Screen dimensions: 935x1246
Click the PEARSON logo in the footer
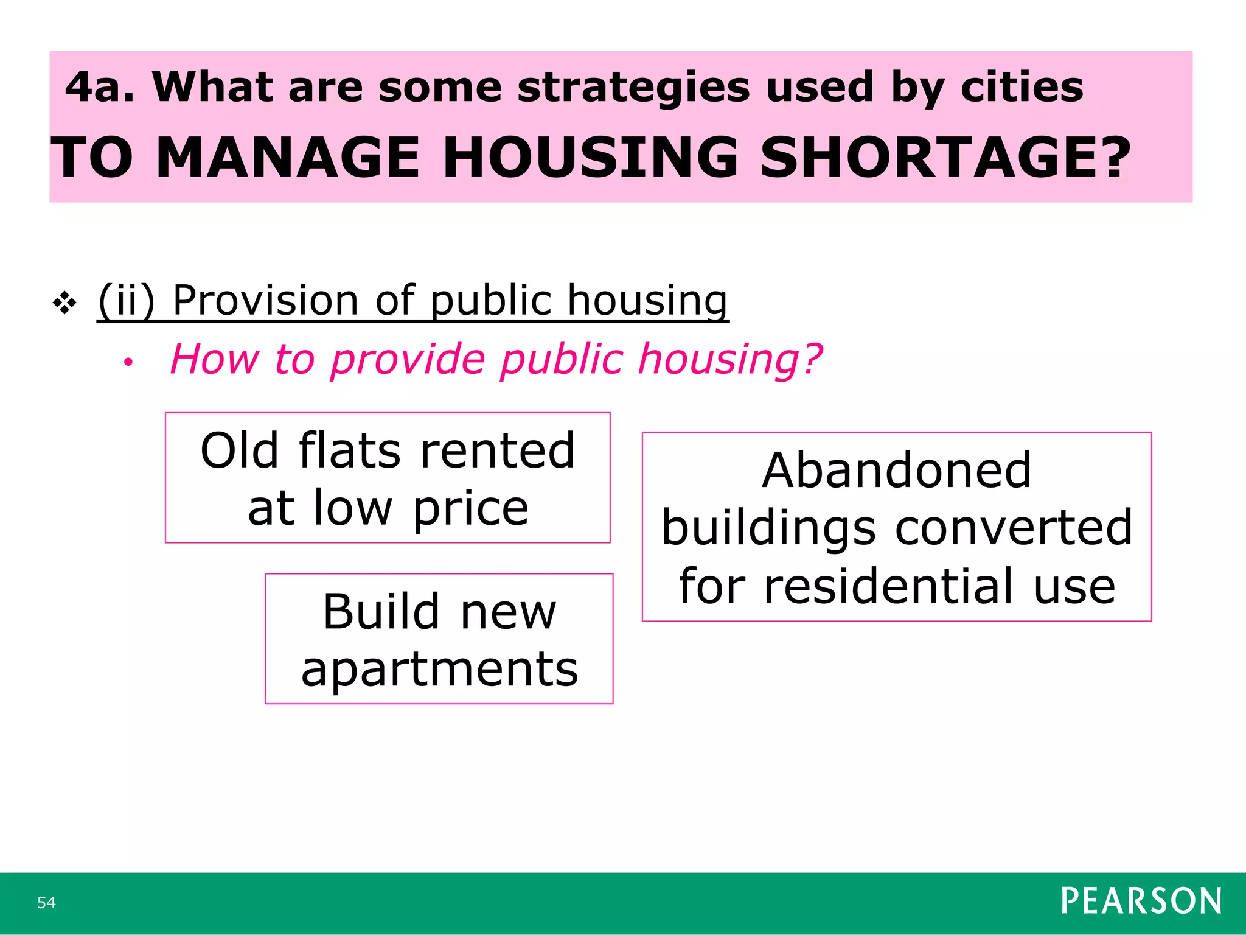[x=1141, y=901]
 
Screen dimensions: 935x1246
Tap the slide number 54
[x=46, y=902]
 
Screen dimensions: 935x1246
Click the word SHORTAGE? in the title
[x=945, y=158]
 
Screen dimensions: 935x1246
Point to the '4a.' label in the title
[x=99, y=87]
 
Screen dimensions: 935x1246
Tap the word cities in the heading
[x=1022, y=87]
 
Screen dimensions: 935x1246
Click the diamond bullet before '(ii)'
[x=64, y=303]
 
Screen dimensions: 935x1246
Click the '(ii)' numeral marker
[x=126, y=301]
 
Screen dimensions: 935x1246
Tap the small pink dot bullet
[x=128, y=363]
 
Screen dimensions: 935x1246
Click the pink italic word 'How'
[x=214, y=359]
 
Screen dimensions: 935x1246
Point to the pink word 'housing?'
[x=730, y=360]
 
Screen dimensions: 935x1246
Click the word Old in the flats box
[x=239, y=451]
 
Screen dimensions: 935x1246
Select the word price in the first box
[x=470, y=509]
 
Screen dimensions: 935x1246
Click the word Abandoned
[x=896, y=471]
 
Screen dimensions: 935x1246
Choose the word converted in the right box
[x=1014, y=528]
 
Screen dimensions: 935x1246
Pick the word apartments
[x=439, y=670]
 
